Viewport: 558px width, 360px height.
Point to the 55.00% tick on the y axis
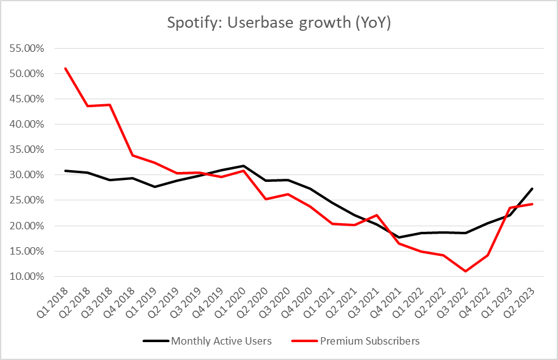26,48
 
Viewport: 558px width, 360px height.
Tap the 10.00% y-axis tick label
26,276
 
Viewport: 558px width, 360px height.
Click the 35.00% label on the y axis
26,149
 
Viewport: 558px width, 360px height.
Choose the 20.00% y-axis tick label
26,226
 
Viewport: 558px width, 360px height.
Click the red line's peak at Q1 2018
65,68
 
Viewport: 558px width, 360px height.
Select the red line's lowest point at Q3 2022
466,271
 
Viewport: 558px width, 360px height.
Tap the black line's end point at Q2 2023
532,189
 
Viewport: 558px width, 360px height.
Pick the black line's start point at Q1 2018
65,171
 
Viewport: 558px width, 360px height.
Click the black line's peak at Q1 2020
243,166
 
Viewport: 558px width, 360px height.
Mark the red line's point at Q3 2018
110,105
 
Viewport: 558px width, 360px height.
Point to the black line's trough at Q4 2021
399,237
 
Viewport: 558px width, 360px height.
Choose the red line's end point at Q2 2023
532,204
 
